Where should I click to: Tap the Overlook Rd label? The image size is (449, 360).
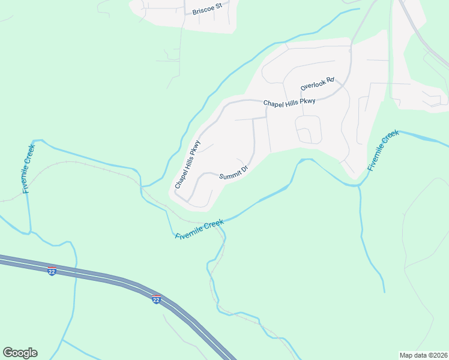click(317, 85)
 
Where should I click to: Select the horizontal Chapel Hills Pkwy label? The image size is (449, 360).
click(289, 102)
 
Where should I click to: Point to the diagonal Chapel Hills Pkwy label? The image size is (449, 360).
click(187, 165)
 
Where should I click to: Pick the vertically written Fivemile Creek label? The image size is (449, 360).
click(28, 169)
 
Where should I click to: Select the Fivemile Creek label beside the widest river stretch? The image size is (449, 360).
click(383, 151)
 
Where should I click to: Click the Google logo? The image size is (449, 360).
click(20, 353)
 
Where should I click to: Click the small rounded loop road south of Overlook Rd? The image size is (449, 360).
click(309, 129)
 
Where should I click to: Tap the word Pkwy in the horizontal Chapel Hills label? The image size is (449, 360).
click(307, 101)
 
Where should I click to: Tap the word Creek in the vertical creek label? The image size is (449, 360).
click(29, 155)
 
